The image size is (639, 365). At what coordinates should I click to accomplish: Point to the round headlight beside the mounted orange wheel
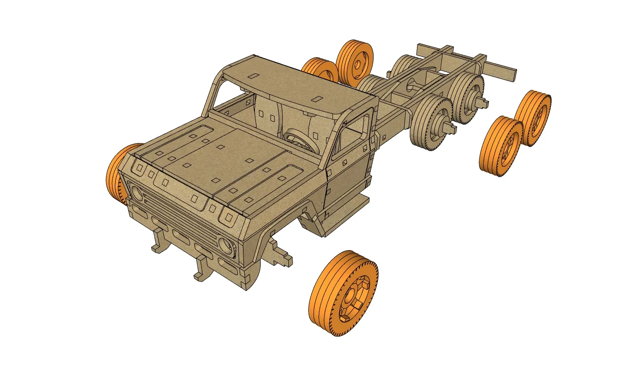point(135,193)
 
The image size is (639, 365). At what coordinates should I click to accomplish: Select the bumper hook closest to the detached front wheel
point(203,267)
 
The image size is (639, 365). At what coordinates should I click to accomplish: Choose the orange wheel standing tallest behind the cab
point(355,61)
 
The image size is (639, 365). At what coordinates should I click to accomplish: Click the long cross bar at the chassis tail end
point(496,70)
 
